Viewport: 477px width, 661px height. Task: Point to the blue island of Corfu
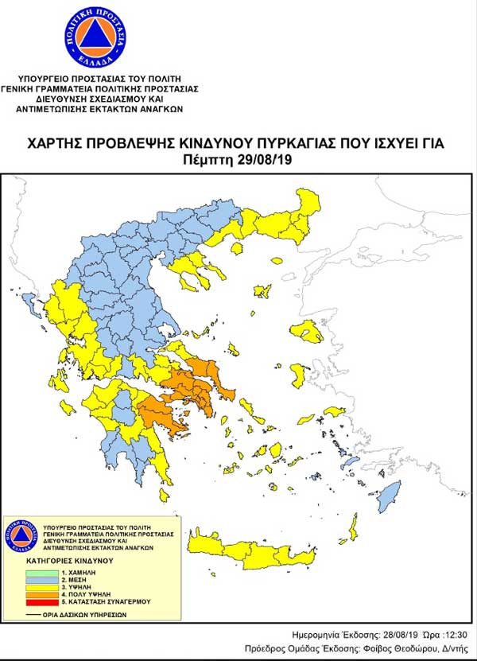click(33, 303)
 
